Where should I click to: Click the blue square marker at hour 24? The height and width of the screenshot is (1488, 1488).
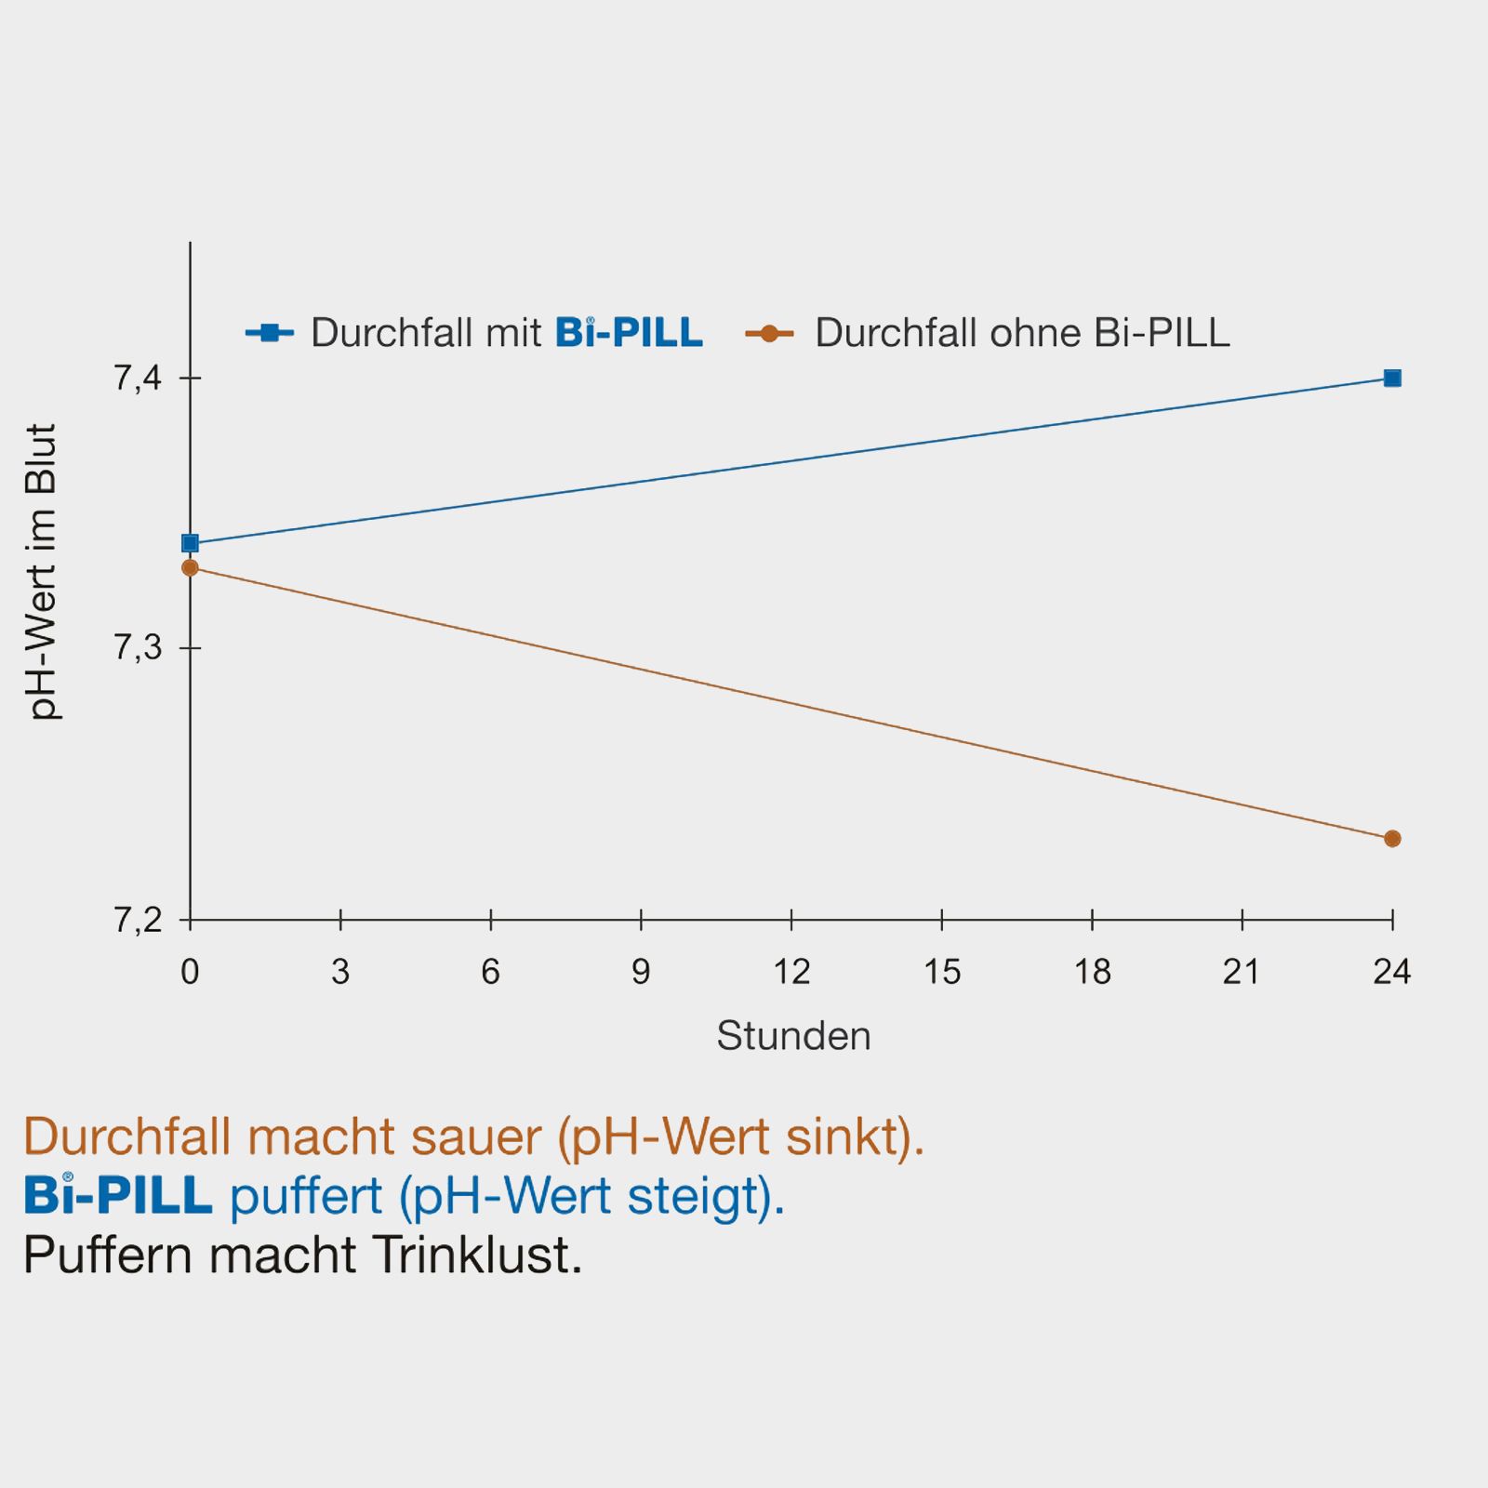(1391, 378)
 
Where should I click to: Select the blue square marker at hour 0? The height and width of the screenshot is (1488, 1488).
(191, 543)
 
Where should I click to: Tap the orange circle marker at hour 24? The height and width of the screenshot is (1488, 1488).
(1391, 839)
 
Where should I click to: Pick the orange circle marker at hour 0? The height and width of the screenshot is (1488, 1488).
(191, 567)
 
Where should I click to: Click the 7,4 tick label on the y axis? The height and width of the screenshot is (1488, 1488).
(138, 379)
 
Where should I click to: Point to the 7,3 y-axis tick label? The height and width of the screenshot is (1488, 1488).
(138, 648)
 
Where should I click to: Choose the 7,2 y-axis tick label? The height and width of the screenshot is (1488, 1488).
(138, 921)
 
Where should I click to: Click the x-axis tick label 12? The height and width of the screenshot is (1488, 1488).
(791, 972)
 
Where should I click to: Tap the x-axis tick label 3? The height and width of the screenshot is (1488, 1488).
(340, 972)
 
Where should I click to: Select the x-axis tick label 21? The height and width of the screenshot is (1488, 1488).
(1242, 972)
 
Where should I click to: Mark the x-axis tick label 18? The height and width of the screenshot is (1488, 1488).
(1092, 972)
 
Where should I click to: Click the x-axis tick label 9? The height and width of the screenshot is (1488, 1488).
(641, 972)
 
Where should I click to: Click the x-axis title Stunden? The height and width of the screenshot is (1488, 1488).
(793, 1036)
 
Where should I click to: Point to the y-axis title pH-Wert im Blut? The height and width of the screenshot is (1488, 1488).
(42, 572)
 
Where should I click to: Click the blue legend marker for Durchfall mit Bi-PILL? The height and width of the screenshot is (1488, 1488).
(270, 332)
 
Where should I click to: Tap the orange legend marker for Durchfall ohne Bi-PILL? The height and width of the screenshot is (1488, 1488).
(769, 333)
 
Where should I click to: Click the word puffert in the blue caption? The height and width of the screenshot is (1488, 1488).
(306, 1196)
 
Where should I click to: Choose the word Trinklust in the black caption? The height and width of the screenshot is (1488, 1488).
(477, 1255)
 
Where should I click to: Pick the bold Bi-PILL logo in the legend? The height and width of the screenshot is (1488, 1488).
(629, 332)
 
